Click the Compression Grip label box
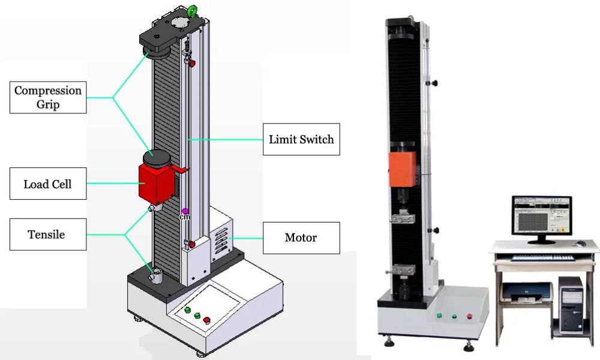click(x=48, y=97)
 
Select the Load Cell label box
click(x=48, y=184)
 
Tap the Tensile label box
click(x=48, y=235)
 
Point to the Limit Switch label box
click(x=301, y=139)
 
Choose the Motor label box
click(x=301, y=238)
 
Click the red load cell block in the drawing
click(x=157, y=184)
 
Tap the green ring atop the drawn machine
click(x=192, y=11)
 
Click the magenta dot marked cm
click(x=185, y=211)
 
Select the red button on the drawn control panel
click(x=206, y=320)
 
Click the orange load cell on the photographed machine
click(x=403, y=169)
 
